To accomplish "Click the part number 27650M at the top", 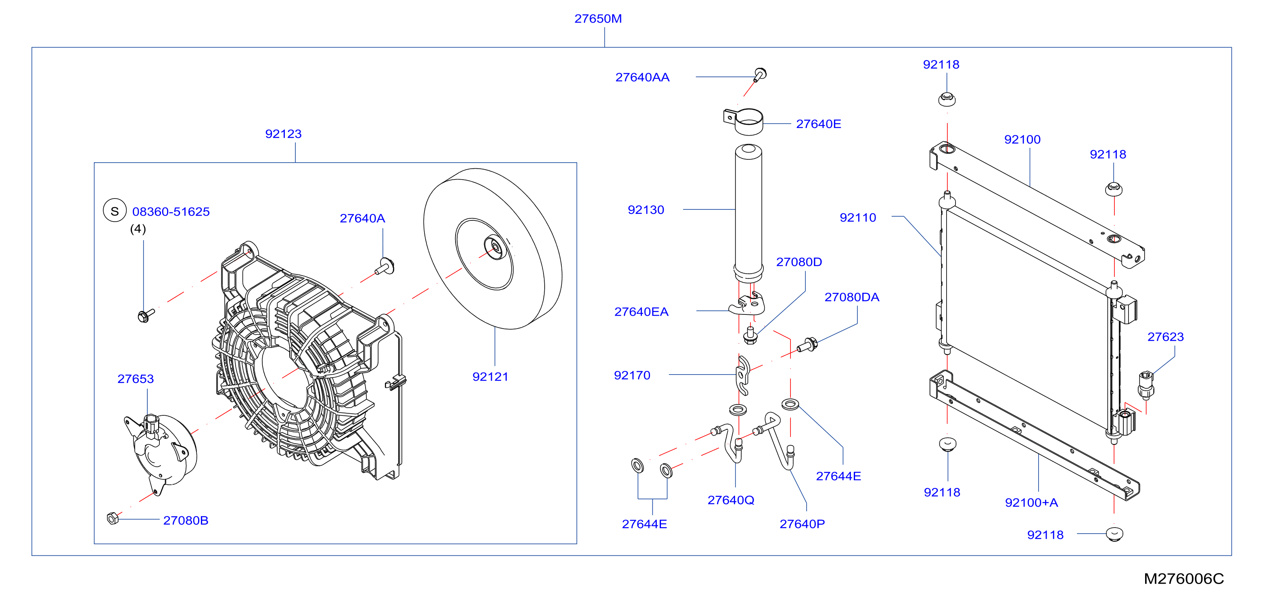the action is click(x=598, y=19).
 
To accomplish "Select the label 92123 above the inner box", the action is click(x=283, y=134).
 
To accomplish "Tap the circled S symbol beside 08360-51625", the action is click(x=115, y=211).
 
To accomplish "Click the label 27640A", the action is click(x=362, y=218).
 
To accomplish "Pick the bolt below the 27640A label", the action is click(x=385, y=266).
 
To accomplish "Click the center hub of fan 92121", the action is click(x=494, y=247).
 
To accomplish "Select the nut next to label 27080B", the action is click(x=113, y=518).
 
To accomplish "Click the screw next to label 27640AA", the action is click(x=760, y=75).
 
